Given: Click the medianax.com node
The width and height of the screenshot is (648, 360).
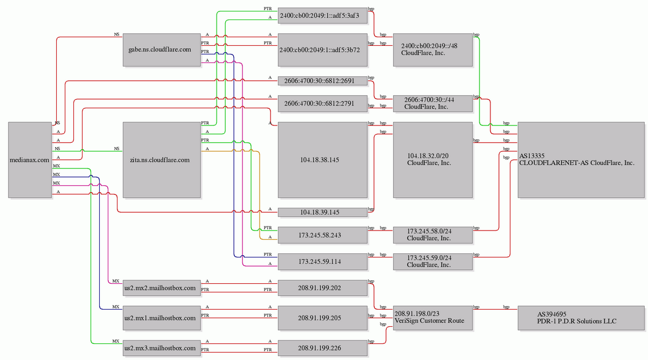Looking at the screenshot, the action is [x=30, y=160].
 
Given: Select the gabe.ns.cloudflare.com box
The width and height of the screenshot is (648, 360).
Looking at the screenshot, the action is [x=162, y=50].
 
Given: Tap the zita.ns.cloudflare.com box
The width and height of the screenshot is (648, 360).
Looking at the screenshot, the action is [x=162, y=160].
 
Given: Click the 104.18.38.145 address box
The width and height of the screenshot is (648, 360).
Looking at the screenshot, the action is [x=323, y=160].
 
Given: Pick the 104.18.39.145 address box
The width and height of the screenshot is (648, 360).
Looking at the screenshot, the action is [x=323, y=213].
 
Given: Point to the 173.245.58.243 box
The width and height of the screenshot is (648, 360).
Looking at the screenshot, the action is [x=323, y=235].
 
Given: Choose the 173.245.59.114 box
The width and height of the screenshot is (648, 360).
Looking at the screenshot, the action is [x=323, y=261].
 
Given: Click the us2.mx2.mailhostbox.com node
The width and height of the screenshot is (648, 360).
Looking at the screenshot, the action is [x=162, y=288].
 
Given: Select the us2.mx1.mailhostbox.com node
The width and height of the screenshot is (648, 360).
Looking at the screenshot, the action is [x=162, y=318].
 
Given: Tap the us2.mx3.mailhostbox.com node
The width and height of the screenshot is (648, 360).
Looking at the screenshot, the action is [x=162, y=348].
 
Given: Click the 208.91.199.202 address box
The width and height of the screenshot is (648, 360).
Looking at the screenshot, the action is [x=323, y=288].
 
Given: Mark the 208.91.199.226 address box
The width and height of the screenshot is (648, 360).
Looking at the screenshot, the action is [x=323, y=348].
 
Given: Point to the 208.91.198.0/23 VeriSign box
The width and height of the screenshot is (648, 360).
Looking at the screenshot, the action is [x=433, y=318].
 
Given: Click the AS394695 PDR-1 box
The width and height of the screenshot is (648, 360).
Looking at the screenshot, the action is [x=581, y=318].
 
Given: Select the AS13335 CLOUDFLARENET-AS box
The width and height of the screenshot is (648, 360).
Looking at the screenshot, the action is [x=581, y=160].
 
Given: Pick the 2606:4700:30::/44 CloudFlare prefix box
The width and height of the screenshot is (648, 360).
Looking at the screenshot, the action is [x=433, y=103].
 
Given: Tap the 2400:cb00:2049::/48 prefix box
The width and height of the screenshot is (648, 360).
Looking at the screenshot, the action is [x=433, y=50].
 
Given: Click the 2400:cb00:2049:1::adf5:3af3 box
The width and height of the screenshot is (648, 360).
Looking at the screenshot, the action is [x=323, y=15].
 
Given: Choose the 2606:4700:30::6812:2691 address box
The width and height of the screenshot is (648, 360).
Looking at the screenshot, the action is [x=323, y=81].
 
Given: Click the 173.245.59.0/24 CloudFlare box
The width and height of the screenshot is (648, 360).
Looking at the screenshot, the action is [x=433, y=261].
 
